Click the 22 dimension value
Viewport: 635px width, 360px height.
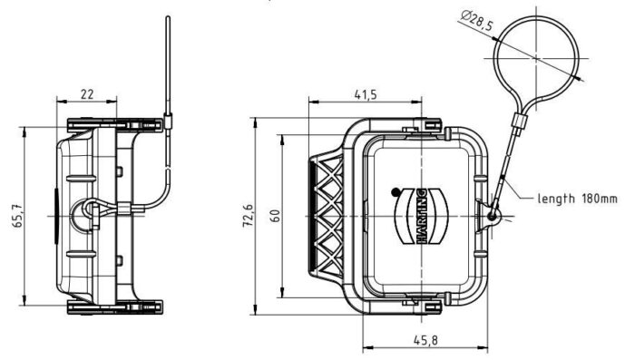coord(87,94)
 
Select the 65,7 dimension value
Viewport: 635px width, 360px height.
coord(19,216)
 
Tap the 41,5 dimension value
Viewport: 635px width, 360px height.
coord(366,94)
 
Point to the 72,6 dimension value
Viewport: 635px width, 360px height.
coord(249,216)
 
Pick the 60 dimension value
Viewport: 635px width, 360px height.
coord(275,216)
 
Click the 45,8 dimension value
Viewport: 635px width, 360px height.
coord(425,340)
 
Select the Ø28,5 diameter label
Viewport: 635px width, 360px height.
coord(477,21)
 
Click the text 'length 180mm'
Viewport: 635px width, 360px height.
coord(577,199)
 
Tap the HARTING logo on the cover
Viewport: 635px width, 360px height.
coord(421,216)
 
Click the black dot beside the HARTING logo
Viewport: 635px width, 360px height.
coord(396,192)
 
